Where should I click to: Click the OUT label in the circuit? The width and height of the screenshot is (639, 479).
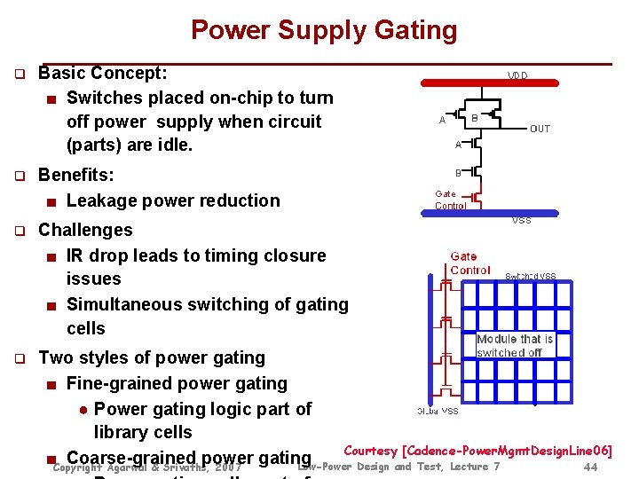click(540, 129)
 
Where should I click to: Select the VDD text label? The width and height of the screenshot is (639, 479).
click(518, 76)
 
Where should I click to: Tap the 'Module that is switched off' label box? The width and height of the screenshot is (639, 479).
click(515, 346)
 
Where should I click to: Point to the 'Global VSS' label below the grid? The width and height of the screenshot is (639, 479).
click(438, 412)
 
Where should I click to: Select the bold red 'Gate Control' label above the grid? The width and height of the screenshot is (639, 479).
click(469, 263)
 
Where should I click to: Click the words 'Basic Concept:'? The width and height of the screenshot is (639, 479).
click(103, 72)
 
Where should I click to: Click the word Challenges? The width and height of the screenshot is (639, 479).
click(85, 230)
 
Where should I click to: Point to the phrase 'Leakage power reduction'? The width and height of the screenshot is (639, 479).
click(173, 200)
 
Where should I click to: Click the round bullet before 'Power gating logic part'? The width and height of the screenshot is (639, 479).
click(82, 410)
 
